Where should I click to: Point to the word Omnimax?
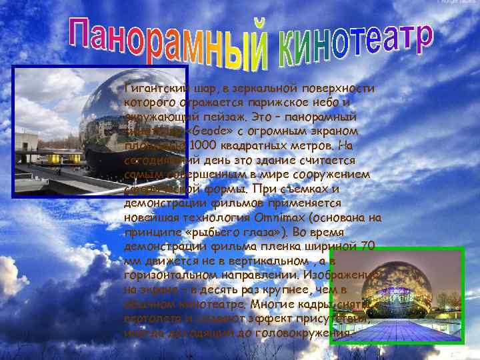275,217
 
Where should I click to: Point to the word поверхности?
343,89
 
